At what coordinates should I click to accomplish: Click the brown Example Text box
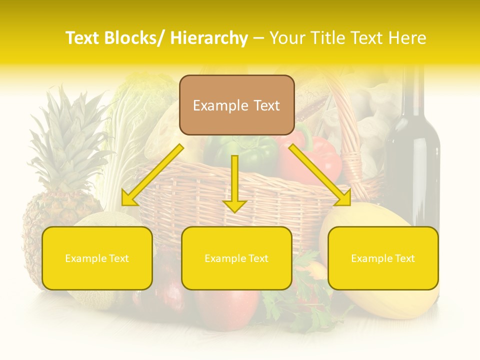click(236, 105)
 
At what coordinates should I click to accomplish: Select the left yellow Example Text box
click(97, 258)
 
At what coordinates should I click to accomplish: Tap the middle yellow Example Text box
click(236, 258)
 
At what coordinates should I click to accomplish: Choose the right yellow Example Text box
click(383, 258)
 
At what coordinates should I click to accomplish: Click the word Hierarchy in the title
click(208, 38)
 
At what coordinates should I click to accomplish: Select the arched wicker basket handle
click(350, 125)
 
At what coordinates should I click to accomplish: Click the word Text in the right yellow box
click(404, 258)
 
